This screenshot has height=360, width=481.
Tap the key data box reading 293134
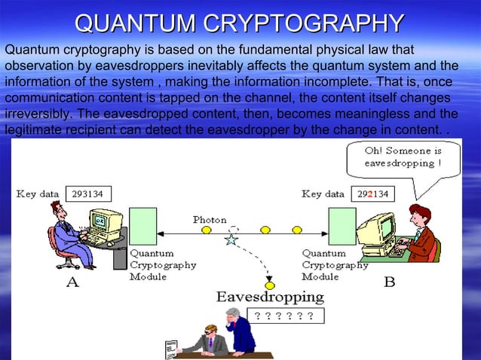[87, 194]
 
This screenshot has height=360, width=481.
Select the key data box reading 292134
[372, 194]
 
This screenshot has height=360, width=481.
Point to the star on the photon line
[231, 239]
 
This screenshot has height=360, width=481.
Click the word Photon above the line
[210, 220]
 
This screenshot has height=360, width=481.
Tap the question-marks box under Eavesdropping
[284, 316]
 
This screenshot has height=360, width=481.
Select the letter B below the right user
[390, 283]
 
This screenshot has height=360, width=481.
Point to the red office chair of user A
[60, 249]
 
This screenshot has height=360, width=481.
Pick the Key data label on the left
[38, 194]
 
